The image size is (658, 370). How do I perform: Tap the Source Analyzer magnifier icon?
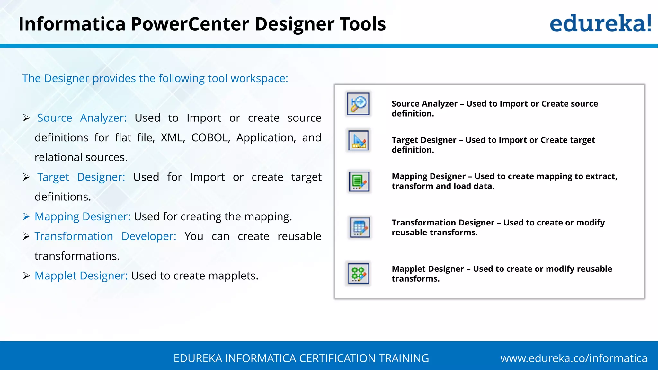click(x=358, y=104)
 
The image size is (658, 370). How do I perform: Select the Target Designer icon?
click(x=359, y=141)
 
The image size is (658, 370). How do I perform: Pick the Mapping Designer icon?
click(x=359, y=181)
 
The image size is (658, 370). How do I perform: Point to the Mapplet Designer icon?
click(x=359, y=274)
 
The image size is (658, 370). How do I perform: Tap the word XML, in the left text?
click(x=173, y=137)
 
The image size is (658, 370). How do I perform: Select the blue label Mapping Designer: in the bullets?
click(x=83, y=216)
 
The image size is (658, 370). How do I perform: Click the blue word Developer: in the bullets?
click(x=149, y=236)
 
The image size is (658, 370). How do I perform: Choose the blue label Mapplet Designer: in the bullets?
click(x=81, y=276)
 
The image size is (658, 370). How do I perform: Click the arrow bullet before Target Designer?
click(x=26, y=177)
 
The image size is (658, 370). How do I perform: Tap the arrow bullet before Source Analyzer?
click(x=26, y=118)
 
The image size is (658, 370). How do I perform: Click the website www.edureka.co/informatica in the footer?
click(x=574, y=358)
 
